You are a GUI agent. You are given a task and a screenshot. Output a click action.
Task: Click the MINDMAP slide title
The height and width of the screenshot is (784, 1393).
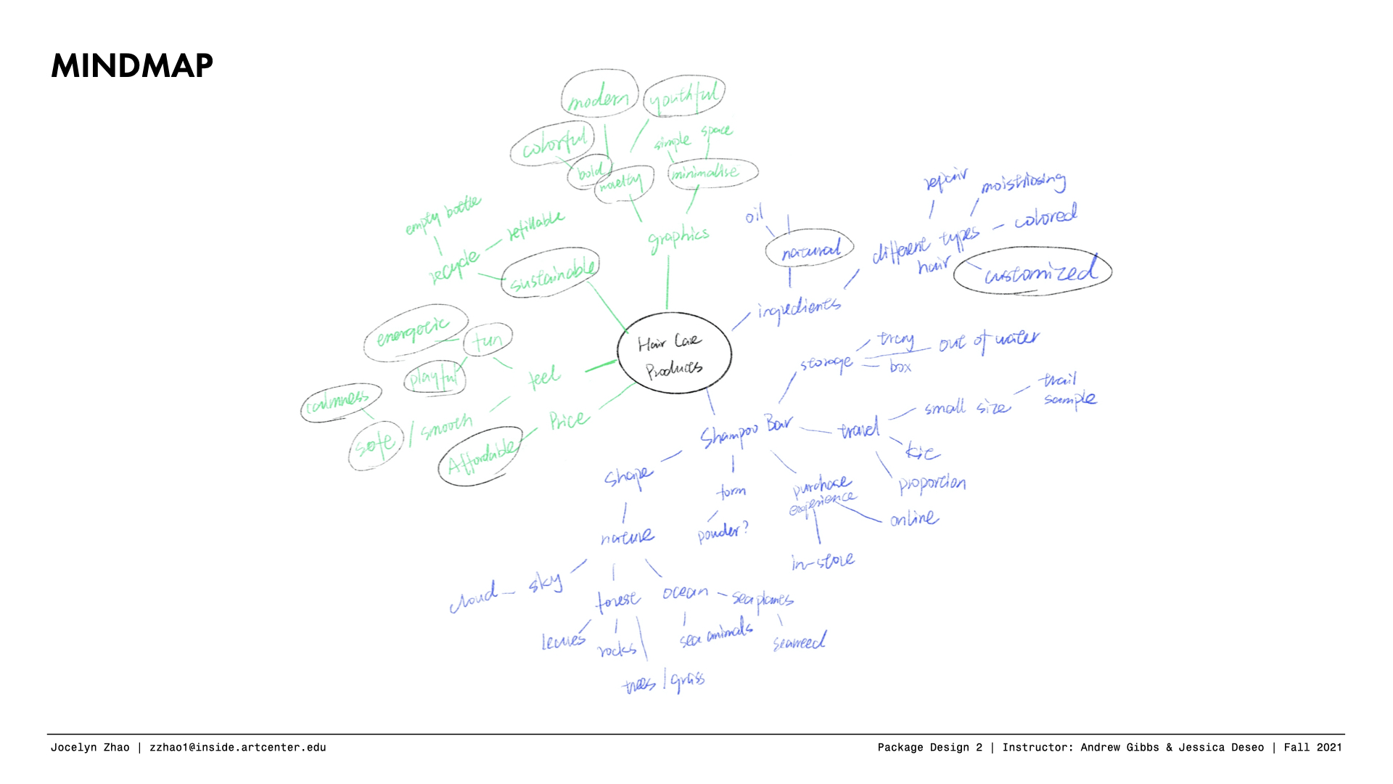pos(132,66)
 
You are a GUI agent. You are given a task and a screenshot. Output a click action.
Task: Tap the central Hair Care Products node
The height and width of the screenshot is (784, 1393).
pos(674,354)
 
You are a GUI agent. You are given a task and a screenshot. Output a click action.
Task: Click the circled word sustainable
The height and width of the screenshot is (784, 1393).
pos(551,273)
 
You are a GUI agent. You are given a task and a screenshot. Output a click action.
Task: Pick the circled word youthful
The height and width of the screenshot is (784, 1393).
pos(683,97)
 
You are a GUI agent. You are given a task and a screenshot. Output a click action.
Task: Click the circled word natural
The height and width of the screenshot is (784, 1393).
pos(810,250)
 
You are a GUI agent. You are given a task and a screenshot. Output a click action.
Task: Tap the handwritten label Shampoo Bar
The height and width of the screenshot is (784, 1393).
pos(746,431)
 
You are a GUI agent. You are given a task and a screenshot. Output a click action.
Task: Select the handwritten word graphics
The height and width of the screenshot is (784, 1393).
pos(678,238)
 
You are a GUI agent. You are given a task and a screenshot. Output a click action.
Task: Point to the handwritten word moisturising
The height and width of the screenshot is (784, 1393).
pos(1023,182)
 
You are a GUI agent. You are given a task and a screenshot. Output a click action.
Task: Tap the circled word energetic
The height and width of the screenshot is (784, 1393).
pos(414,331)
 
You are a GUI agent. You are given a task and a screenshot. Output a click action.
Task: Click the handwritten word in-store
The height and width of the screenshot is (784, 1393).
pos(823,562)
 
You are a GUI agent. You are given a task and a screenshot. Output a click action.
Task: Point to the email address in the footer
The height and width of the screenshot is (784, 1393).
pos(237,747)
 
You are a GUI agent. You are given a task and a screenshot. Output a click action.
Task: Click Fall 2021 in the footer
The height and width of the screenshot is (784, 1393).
pos(1312,747)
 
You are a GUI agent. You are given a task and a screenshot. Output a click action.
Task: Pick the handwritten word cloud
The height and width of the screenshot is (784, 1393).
pos(474,598)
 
